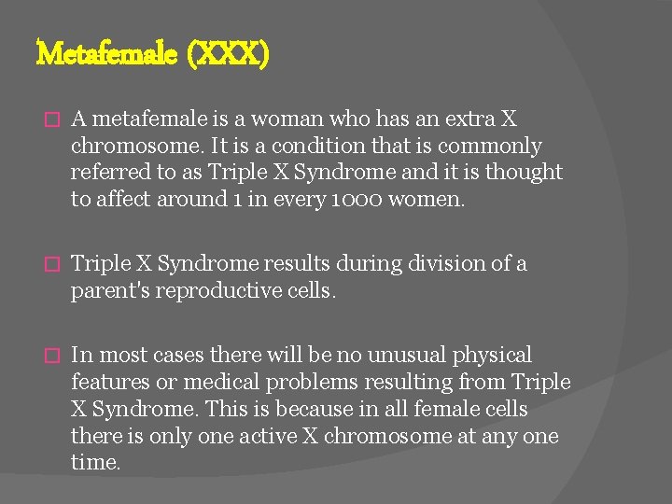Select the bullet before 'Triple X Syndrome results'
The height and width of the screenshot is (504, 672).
[x=53, y=265]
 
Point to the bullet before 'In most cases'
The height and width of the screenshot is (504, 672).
[x=53, y=356]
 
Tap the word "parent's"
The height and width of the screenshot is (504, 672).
[x=109, y=290]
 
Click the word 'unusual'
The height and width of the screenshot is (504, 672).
[x=406, y=355]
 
